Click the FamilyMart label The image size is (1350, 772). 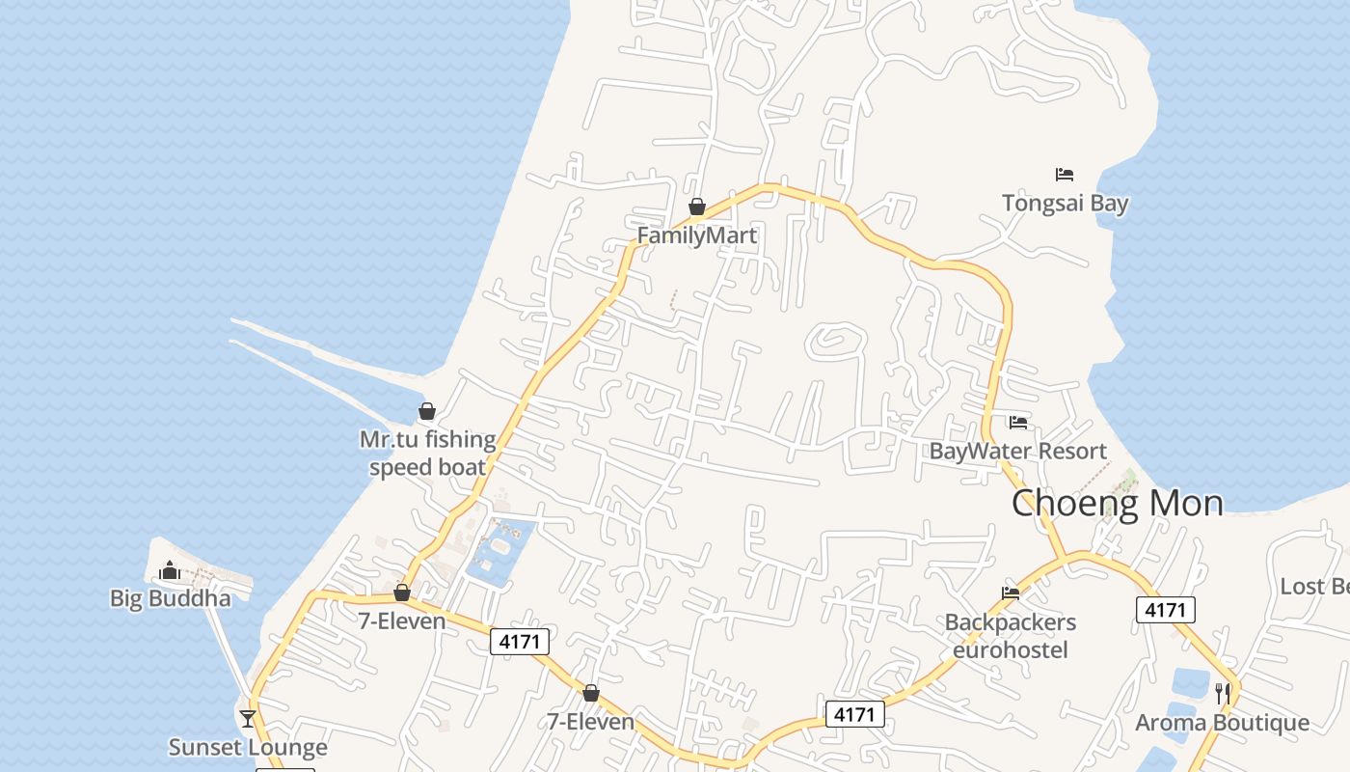pyautogui.click(x=697, y=235)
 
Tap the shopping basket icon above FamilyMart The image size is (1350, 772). pyautogui.click(x=697, y=207)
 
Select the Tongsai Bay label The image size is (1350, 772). pyautogui.click(x=1065, y=204)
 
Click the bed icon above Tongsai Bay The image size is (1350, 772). pyautogui.click(x=1065, y=175)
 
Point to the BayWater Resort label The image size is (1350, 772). pyautogui.click(x=1017, y=451)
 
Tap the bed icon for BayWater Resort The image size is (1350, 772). pyautogui.click(x=1017, y=422)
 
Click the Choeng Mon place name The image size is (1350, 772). pyautogui.click(x=1117, y=503)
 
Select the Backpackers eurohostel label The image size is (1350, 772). pyautogui.click(x=1011, y=636)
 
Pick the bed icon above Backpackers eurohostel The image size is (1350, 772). pyautogui.click(x=1011, y=593)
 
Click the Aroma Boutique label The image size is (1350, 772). pyautogui.click(x=1222, y=723)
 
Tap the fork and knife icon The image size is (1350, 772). pyautogui.click(x=1222, y=692)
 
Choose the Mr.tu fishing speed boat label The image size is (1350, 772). pyautogui.click(x=427, y=454)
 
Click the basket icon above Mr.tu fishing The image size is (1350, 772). pyautogui.click(x=427, y=412)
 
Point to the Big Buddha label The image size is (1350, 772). pyautogui.click(x=171, y=598)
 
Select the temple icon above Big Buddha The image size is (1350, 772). pyautogui.click(x=171, y=570)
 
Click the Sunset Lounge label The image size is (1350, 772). pyautogui.click(x=248, y=747)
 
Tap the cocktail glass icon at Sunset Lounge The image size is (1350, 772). pyautogui.click(x=248, y=718)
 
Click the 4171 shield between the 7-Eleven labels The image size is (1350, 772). pyautogui.click(x=520, y=641)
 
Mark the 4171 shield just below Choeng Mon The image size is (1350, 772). pyautogui.click(x=1166, y=610)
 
